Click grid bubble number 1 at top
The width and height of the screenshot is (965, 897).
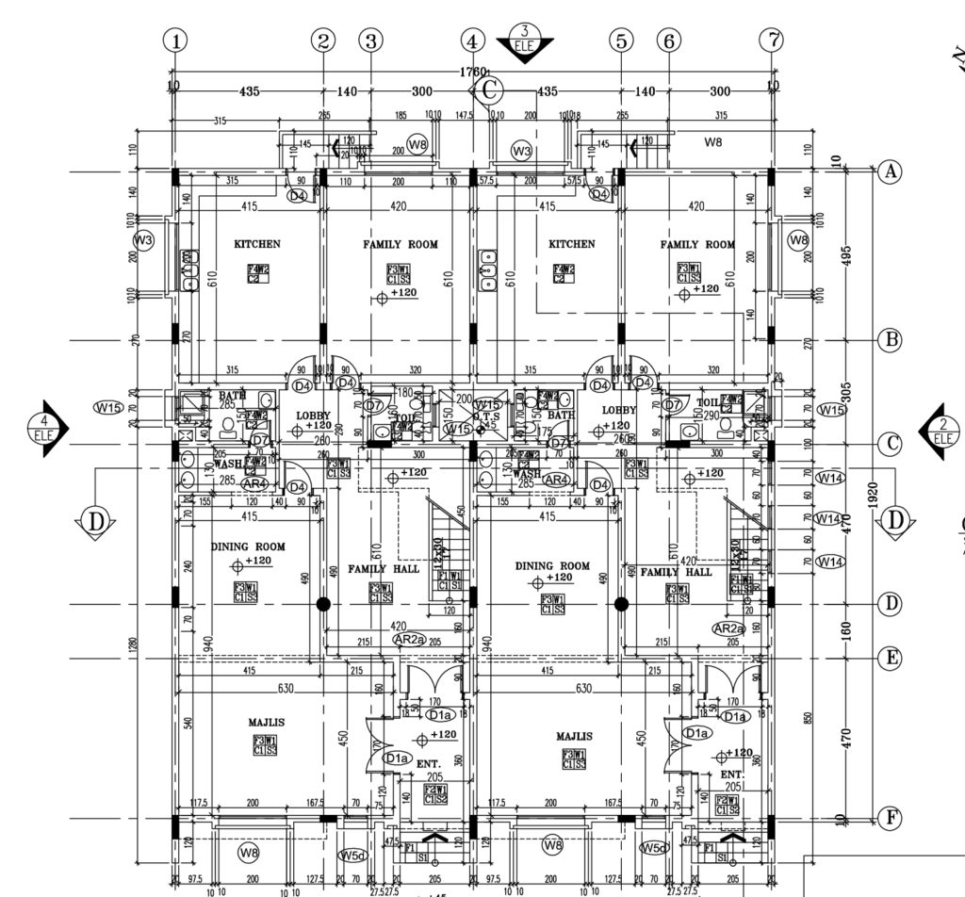coord(174,41)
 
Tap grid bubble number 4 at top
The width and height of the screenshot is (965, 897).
coord(473,41)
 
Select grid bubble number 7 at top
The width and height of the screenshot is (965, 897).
coord(772,41)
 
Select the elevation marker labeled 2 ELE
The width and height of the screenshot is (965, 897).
coord(941,432)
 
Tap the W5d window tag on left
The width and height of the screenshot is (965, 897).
coord(352,855)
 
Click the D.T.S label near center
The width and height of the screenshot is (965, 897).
coord(487,416)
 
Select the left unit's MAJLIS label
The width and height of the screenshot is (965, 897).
coord(267,723)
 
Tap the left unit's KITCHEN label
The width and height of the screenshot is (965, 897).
coord(256,244)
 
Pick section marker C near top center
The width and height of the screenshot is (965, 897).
coord(489,90)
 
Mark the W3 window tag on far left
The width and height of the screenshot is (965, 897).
coord(143,241)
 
